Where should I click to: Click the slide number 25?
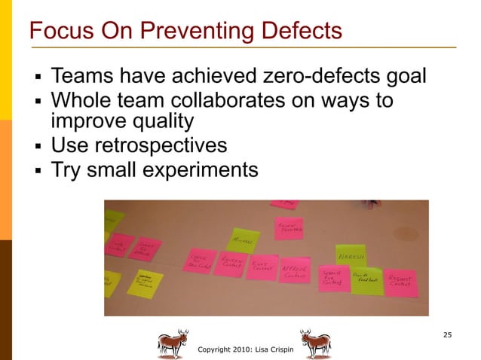pyautogui.click(x=448, y=334)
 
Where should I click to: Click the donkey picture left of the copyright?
pyautogui.click(x=173, y=343)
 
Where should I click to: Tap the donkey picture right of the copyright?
pyautogui.click(x=315, y=343)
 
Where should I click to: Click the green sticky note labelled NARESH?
pyautogui.click(x=350, y=255)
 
